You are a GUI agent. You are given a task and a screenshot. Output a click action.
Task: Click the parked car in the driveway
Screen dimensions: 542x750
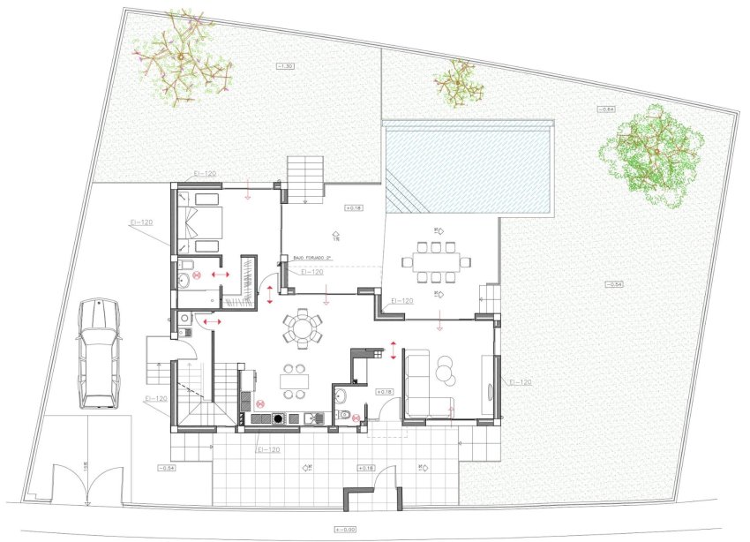pyautogui.click(x=98, y=353)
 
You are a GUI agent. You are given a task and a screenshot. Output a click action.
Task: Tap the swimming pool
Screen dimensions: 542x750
pyautogui.click(x=468, y=168)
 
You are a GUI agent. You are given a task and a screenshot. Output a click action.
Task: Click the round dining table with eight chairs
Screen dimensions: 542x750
pyautogui.click(x=303, y=329)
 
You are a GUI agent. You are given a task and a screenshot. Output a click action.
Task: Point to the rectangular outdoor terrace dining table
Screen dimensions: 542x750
pyautogui.click(x=436, y=261)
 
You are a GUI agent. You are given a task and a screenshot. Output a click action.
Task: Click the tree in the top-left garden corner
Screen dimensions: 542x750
pyautogui.click(x=184, y=59)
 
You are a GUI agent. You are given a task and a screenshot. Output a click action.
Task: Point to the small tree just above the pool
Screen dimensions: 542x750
pyautogui.click(x=458, y=81)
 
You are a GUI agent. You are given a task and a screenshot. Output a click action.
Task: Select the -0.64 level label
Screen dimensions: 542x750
pyautogui.click(x=604, y=109)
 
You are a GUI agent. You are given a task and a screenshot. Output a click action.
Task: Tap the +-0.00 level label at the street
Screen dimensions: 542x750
pyautogui.click(x=343, y=530)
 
